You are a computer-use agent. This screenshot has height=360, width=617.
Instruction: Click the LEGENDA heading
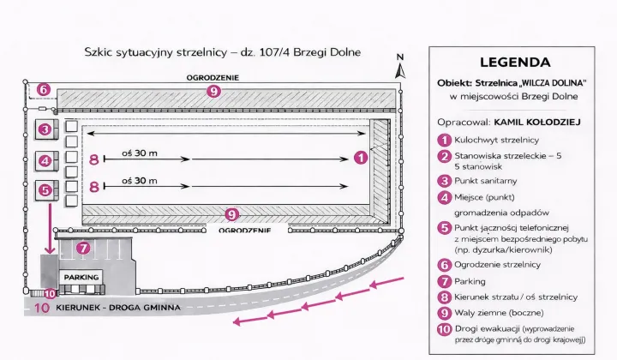[x=515, y=63]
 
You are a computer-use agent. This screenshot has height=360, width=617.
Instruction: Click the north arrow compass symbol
[x=400, y=67]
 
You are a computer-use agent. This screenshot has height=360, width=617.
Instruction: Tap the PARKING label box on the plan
[x=81, y=277]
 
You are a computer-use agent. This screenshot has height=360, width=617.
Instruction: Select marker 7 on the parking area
[x=83, y=248]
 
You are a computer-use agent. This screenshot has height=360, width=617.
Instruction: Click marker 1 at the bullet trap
[x=361, y=158]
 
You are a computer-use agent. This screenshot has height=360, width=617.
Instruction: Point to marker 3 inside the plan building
[x=45, y=129]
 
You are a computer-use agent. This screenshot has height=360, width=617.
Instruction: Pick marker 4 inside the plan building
[x=45, y=160]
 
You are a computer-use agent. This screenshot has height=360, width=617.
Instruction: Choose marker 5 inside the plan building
[x=45, y=190]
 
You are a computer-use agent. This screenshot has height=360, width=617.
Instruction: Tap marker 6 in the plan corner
[x=44, y=90]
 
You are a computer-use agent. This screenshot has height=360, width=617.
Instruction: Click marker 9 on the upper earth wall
[x=213, y=92]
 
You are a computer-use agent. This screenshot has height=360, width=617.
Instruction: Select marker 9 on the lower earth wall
[x=231, y=214]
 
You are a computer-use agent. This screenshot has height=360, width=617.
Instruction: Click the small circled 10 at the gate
[x=50, y=293]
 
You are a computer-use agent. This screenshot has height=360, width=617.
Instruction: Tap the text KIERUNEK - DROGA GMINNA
[x=118, y=307]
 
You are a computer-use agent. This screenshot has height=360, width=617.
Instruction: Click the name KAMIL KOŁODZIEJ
[x=537, y=122]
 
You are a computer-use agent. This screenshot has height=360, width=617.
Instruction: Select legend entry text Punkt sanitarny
[x=486, y=181]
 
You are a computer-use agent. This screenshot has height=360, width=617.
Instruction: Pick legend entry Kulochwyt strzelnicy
[x=496, y=140]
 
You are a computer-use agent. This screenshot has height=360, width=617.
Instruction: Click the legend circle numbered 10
[x=445, y=329]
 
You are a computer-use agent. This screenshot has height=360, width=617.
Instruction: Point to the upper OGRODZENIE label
[x=213, y=77]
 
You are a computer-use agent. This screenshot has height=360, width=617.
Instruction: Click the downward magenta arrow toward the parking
[x=50, y=228]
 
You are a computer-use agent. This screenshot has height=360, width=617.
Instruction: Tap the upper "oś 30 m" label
[x=140, y=153]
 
